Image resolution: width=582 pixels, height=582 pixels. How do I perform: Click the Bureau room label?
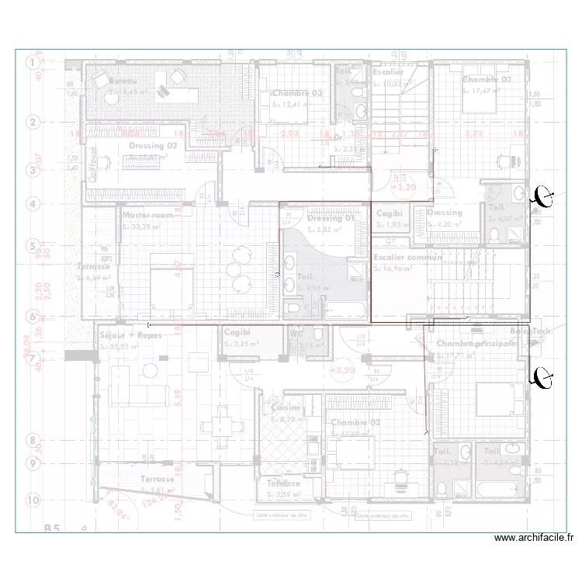coord(123,81)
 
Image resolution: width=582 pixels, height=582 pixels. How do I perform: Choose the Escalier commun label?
coord(407,258)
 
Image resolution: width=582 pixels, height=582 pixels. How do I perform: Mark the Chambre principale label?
coord(476,343)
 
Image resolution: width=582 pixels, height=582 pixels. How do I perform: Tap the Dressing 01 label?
coord(331,218)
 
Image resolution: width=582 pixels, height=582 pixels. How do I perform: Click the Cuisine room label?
coord(286,407)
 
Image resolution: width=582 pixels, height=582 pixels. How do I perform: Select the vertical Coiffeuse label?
coord(93,165)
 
